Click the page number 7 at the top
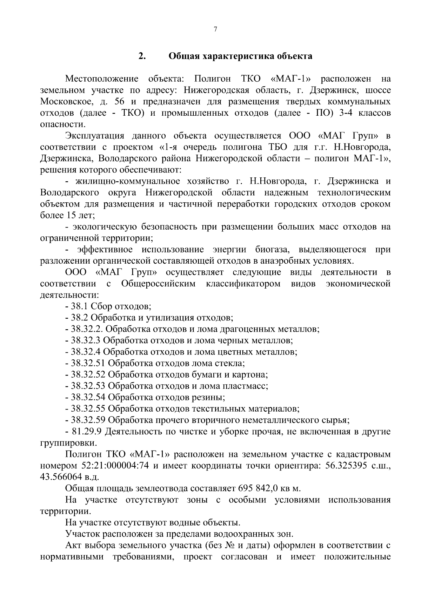click(x=215, y=29)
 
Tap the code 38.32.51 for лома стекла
click(x=88, y=363)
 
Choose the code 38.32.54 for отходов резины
click(x=88, y=397)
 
